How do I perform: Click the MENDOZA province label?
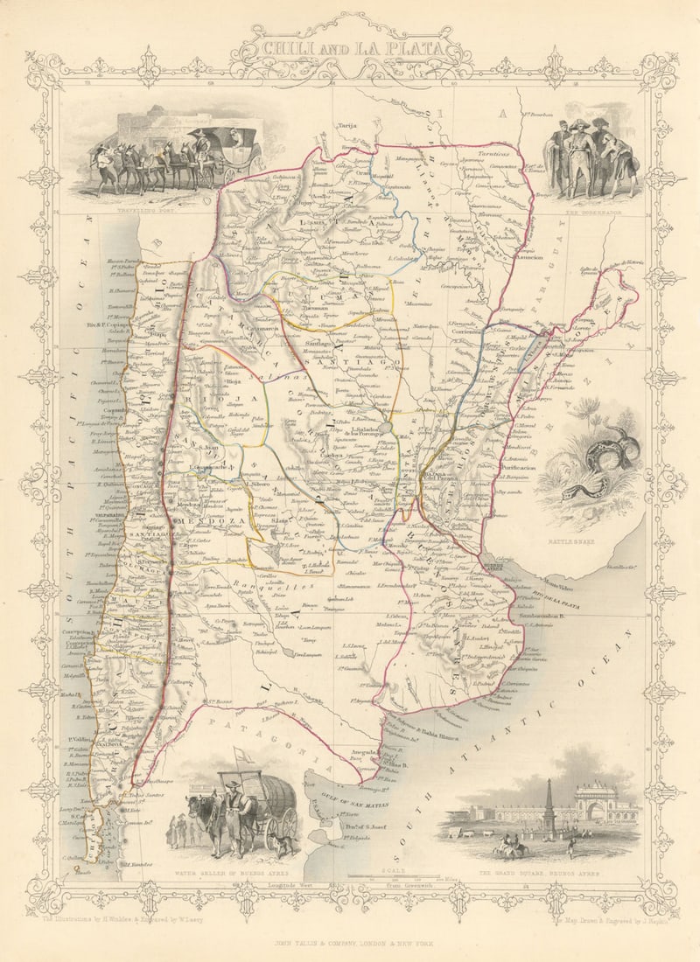202,521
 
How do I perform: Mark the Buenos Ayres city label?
495,568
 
